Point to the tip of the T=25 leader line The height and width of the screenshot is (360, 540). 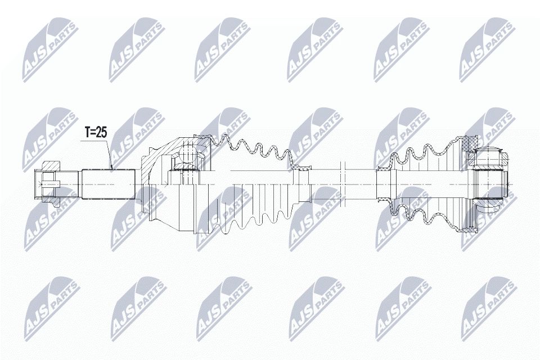click(112, 168)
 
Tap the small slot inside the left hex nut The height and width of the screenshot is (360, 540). click(50, 181)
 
